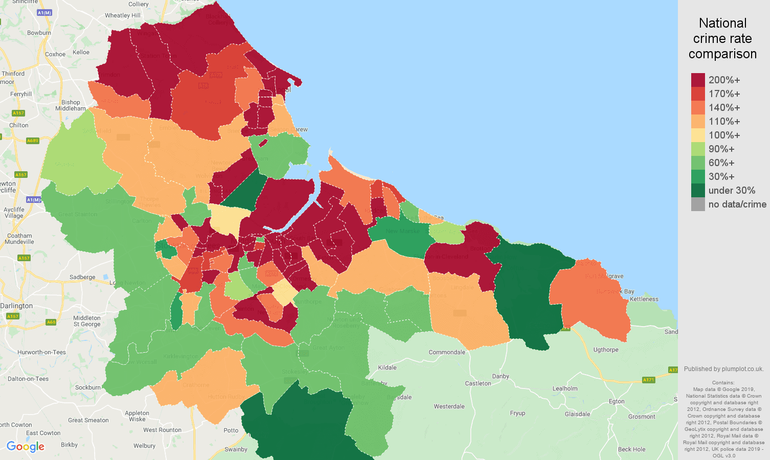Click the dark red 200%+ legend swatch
click(x=698, y=80)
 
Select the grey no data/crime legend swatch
click(x=698, y=204)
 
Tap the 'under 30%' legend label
click(x=732, y=191)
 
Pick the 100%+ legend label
click(x=724, y=135)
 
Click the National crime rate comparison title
click(x=722, y=38)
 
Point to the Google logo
click(x=26, y=447)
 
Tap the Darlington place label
click(x=17, y=306)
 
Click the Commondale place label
click(x=447, y=352)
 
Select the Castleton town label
click(x=478, y=383)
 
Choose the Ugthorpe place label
click(x=606, y=350)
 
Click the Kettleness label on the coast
click(x=644, y=299)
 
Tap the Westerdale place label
click(x=449, y=406)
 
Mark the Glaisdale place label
click(x=577, y=414)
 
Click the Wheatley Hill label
click(x=123, y=15)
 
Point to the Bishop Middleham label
click(x=71, y=105)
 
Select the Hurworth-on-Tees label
click(x=41, y=352)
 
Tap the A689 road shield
click(x=33, y=141)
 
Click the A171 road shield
click(x=648, y=380)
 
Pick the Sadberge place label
click(x=82, y=277)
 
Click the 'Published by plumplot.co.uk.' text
click(x=723, y=369)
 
